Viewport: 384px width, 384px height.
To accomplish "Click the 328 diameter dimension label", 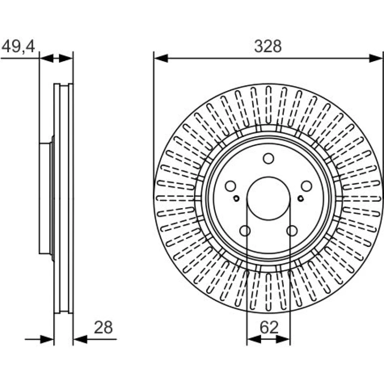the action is pos(268,46).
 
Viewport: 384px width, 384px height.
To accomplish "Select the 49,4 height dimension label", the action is pos(18,46).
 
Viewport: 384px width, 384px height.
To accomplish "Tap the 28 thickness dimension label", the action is pos(103,328).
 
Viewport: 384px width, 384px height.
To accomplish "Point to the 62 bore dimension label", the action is pos(269,328).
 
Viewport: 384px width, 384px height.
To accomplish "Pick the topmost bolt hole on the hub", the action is pos(268,159).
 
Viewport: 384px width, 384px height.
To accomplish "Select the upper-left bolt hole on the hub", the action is pos(230,186).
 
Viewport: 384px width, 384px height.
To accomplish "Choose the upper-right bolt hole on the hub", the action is pos(306,186).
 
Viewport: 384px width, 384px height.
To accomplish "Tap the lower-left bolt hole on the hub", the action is pos(245,231).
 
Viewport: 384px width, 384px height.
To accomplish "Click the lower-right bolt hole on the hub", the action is pos(292,231).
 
